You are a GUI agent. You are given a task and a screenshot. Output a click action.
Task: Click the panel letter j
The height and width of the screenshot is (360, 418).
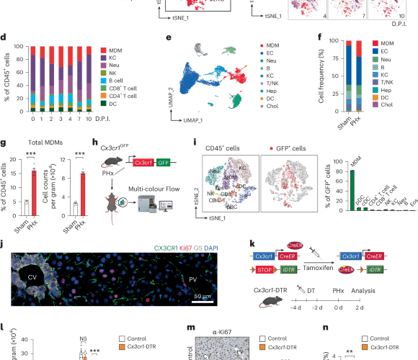click(5, 235)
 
